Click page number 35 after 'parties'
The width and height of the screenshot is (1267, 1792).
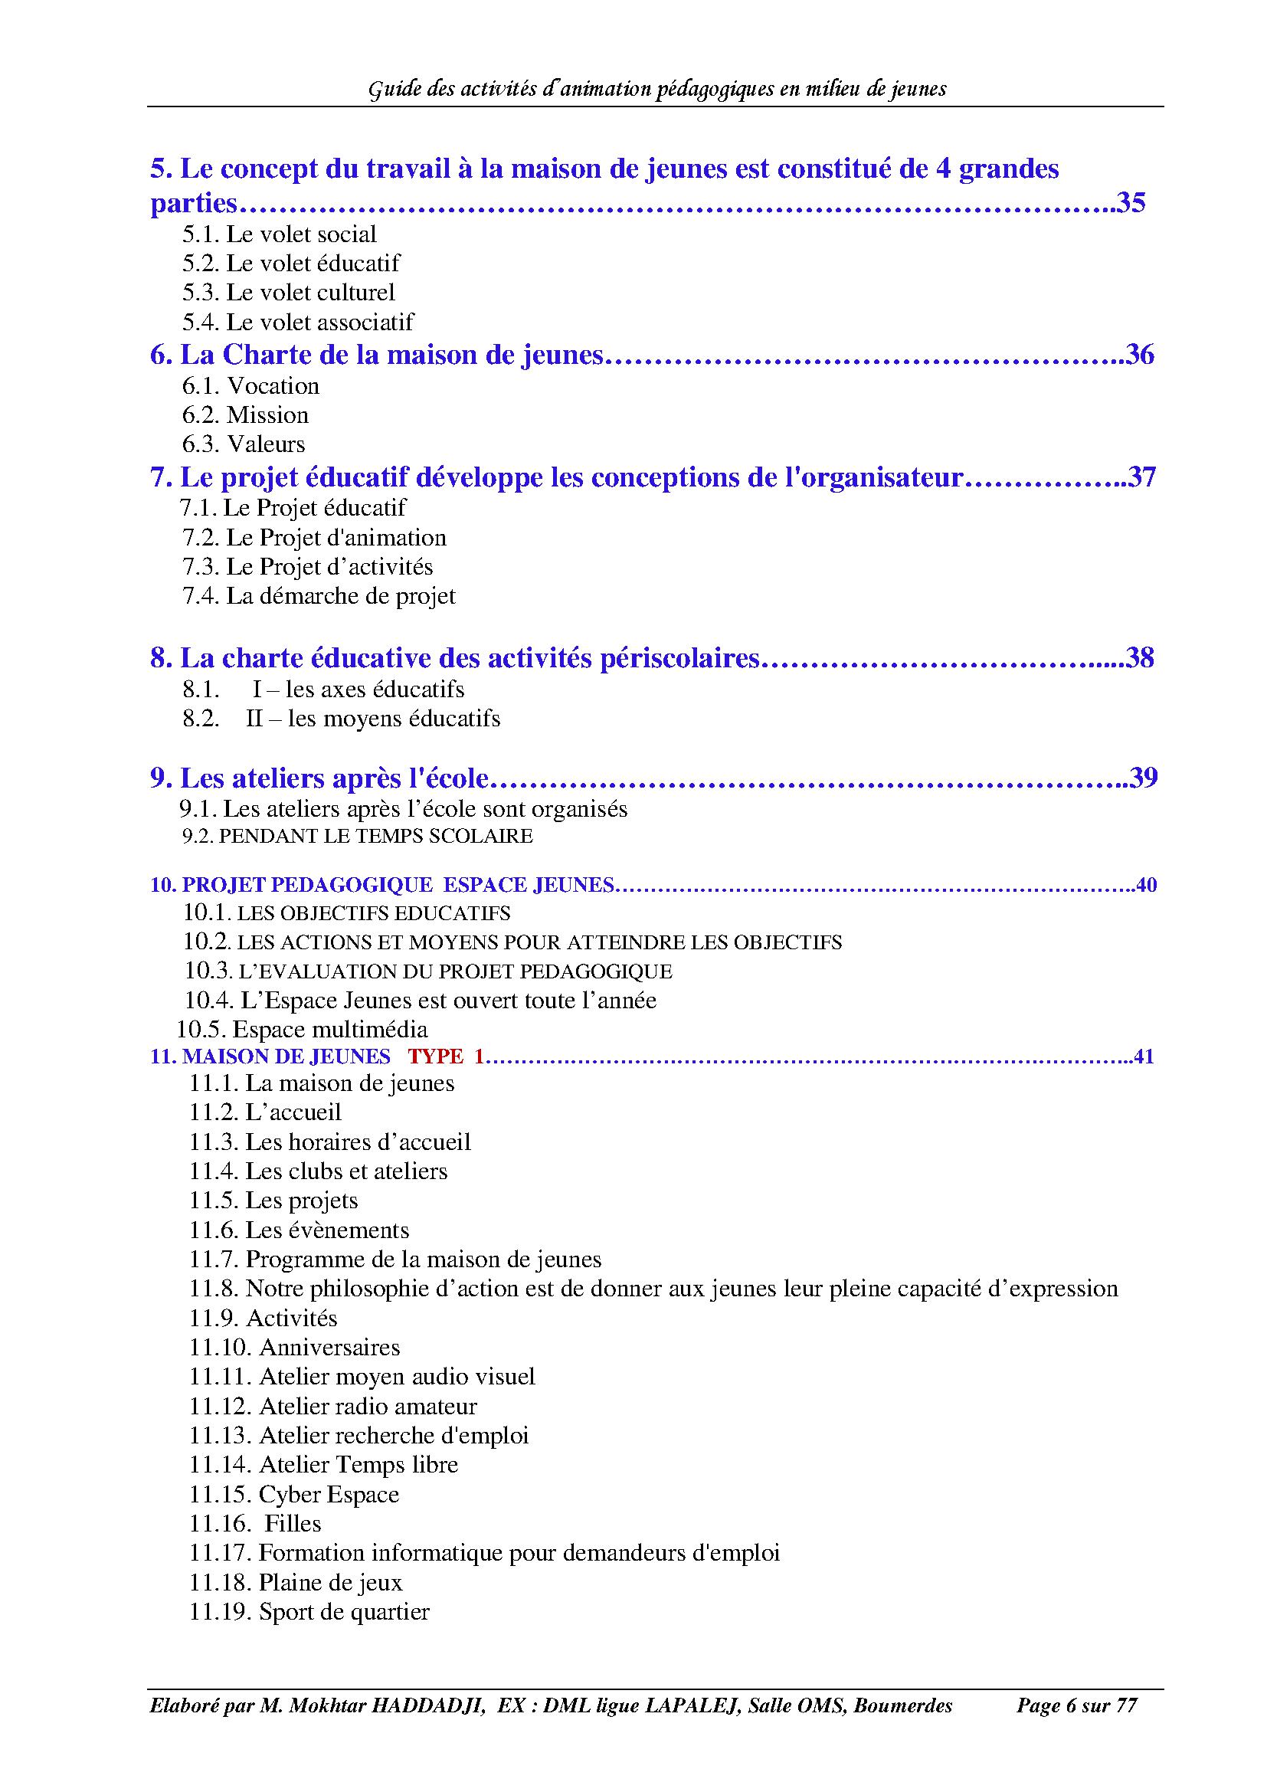pyautogui.click(x=1131, y=203)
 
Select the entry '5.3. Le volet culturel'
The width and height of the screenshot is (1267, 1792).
pyautogui.click(x=289, y=293)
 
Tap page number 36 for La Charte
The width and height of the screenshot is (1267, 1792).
pyautogui.click(x=1140, y=355)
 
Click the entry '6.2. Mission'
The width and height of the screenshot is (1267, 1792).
pyautogui.click(x=246, y=415)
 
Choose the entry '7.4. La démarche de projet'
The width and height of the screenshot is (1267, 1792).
pyautogui.click(x=319, y=596)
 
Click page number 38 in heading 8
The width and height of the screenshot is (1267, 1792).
pyautogui.click(x=1140, y=658)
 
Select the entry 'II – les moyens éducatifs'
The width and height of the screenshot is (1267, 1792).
pyautogui.click(x=373, y=719)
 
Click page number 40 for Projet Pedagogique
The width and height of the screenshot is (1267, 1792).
pyautogui.click(x=1146, y=885)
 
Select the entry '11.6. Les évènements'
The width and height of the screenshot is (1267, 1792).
pyautogui.click(x=299, y=1231)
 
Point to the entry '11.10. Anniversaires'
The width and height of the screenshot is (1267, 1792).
pyautogui.click(x=294, y=1348)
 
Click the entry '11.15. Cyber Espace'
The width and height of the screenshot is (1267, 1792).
pyautogui.click(x=294, y=1495)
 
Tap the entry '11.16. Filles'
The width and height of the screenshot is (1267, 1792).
pyautogui.click(x=255, y=1524)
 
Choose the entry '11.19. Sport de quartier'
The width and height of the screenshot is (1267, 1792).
pyautogui.click(x=309, y=1612)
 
